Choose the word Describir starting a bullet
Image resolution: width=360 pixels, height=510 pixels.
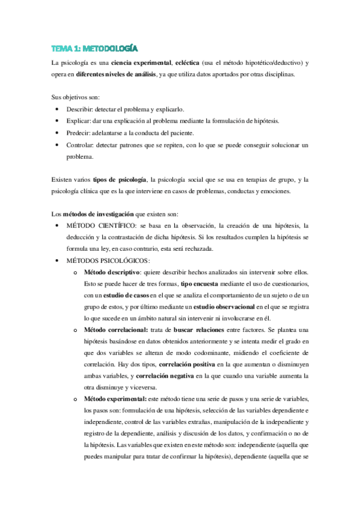82,109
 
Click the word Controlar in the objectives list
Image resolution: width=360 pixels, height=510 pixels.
83,145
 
